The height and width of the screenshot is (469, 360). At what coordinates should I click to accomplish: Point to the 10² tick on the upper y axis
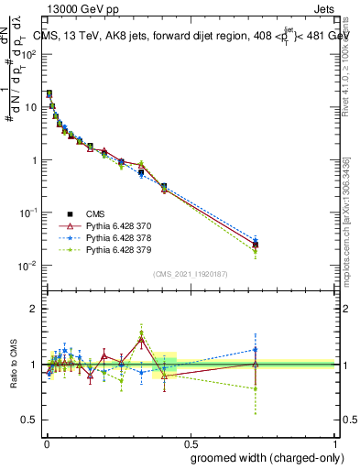click(x=28, y=54)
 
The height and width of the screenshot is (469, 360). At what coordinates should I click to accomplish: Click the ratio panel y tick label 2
click(x=33, y=309)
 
